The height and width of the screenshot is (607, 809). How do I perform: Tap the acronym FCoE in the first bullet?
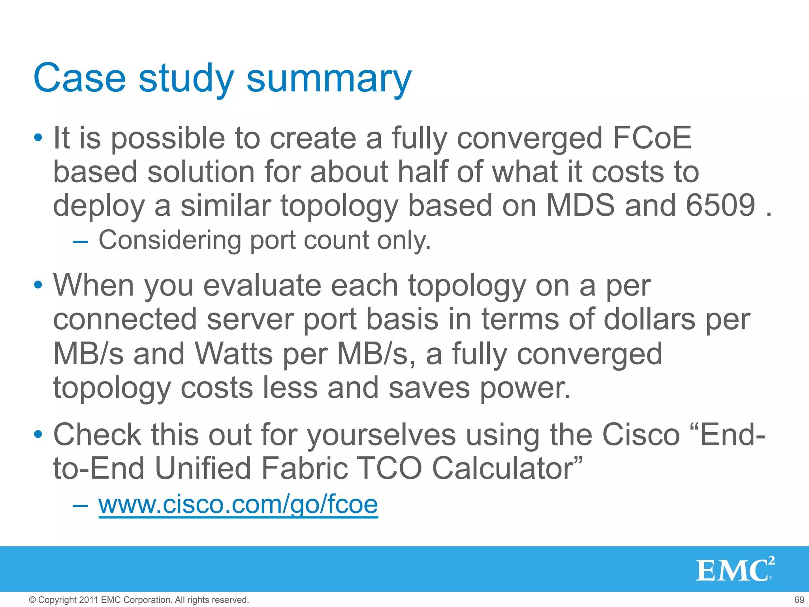(651, 138)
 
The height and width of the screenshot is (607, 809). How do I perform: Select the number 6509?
(720, 205)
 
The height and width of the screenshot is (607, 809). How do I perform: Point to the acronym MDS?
(580, 205)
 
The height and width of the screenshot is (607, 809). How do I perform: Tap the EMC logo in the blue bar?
(734, 569)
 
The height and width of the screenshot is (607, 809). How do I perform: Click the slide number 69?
(799, 600)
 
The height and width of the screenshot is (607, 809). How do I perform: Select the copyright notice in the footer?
(139, 600)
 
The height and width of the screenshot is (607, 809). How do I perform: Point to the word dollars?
(649, 319)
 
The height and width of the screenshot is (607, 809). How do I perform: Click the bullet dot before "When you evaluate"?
(38, 285)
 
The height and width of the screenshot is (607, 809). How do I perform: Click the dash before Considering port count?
(80, 241)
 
